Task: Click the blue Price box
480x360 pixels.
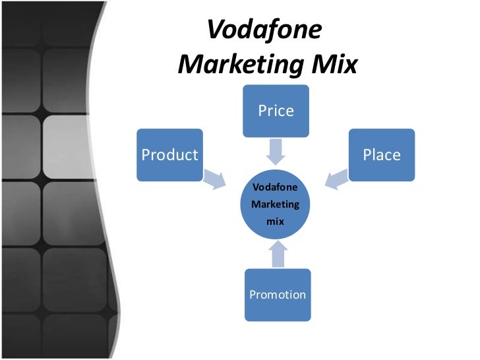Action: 276,111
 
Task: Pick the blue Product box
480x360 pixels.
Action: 170,155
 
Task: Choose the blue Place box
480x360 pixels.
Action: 382,155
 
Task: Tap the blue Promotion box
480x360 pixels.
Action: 277,295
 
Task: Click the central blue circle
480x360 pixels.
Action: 276,204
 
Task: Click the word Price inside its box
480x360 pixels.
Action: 276,111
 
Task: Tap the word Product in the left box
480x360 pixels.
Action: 170,155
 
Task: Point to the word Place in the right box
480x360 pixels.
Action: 382,155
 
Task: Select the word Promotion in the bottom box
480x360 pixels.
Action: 277,295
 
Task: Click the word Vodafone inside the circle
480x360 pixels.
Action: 276,187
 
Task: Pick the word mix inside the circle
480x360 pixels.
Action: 275,222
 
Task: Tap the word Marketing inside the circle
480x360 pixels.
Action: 276,204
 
